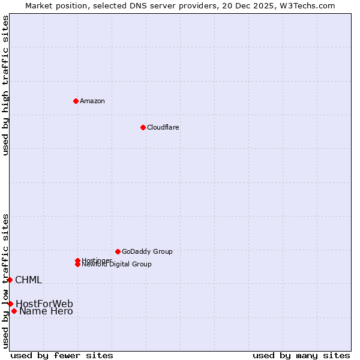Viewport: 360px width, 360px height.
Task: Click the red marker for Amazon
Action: pos(76,101)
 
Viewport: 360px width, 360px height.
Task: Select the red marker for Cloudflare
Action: pos(143,127)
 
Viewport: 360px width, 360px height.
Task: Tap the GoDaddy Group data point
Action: pos(118,251)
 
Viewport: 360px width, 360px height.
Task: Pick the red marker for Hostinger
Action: pos(77,260)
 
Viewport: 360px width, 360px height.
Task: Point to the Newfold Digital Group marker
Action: pos(77,264)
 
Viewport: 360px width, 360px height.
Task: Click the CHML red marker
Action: pos(10,280)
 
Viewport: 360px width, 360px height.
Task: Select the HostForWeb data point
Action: pos(10,304)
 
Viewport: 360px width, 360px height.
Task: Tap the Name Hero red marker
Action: pos(14,311)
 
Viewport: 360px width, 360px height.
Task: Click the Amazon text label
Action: pos(92,101)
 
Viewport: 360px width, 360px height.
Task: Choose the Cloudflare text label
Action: pos(163,127)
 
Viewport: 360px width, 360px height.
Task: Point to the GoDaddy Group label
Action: pos(147,251)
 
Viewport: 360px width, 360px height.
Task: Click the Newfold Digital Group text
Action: pos(117,265)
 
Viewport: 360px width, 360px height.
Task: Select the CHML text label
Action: pos(28,280)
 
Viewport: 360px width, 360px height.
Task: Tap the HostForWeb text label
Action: pos(44,304)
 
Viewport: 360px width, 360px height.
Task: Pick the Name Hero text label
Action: pos(46,311)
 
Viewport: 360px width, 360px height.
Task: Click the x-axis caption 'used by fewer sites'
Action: pos(62,355)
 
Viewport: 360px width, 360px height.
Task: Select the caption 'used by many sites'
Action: pos(301,355)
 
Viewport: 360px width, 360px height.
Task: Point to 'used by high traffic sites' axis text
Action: pos(5,85)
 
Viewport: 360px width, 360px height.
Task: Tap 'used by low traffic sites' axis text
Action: pos(5,281)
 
